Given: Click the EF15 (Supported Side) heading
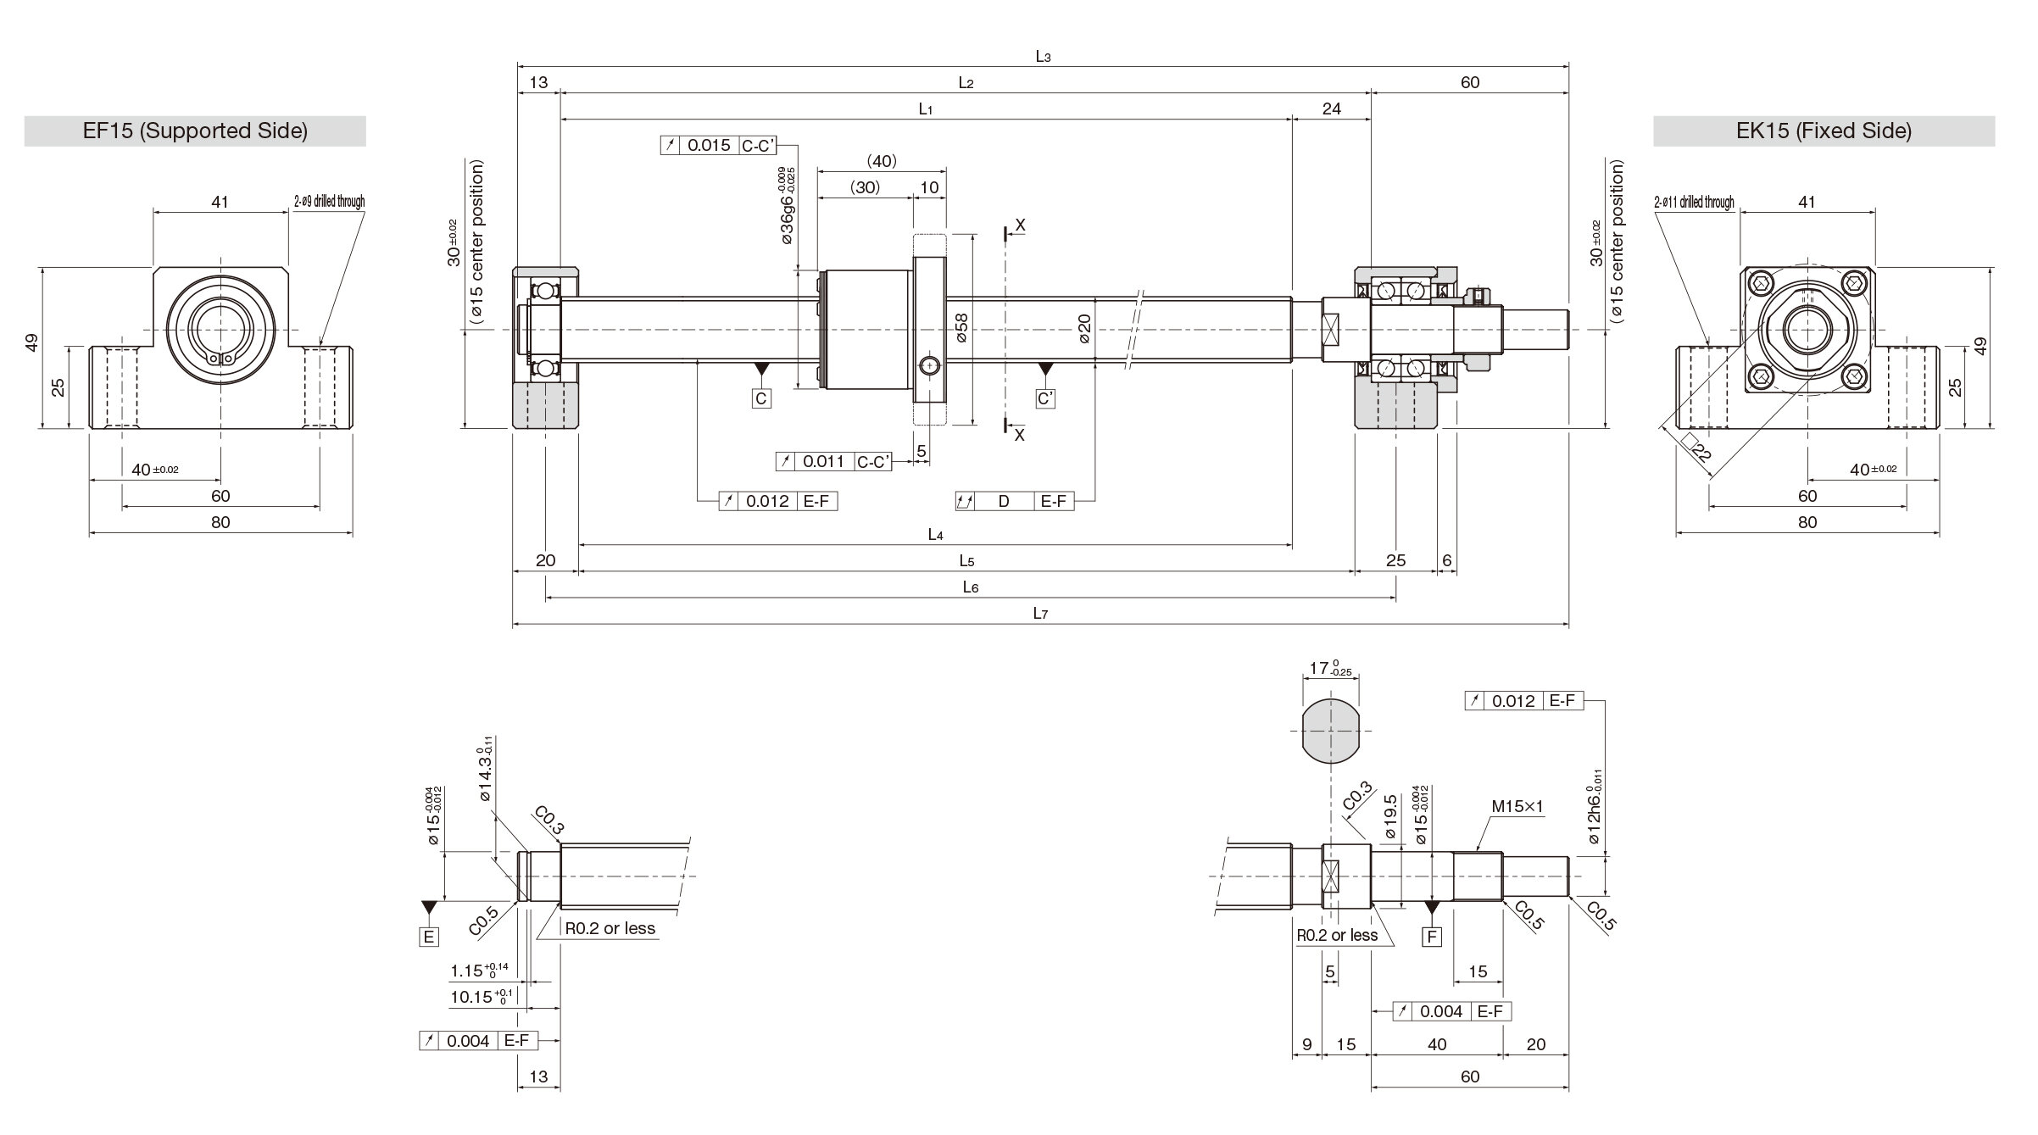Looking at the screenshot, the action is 195,131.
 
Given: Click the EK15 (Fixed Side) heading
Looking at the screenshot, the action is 1824,131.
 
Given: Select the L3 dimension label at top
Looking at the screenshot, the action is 1043,57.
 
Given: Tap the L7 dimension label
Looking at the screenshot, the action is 1040,614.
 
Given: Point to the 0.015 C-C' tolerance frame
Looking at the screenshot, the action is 719,145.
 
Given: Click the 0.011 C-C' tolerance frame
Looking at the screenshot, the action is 834,461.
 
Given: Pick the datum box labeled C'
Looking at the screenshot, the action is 1046,398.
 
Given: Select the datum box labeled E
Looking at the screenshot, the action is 429,936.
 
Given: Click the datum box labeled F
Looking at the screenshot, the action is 1432,936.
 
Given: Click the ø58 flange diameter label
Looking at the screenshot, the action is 961,328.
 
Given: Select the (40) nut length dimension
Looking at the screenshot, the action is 882,161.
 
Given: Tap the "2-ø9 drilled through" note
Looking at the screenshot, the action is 329,202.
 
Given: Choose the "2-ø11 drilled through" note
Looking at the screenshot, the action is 1694,202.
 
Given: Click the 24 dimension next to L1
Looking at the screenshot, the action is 1332,108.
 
